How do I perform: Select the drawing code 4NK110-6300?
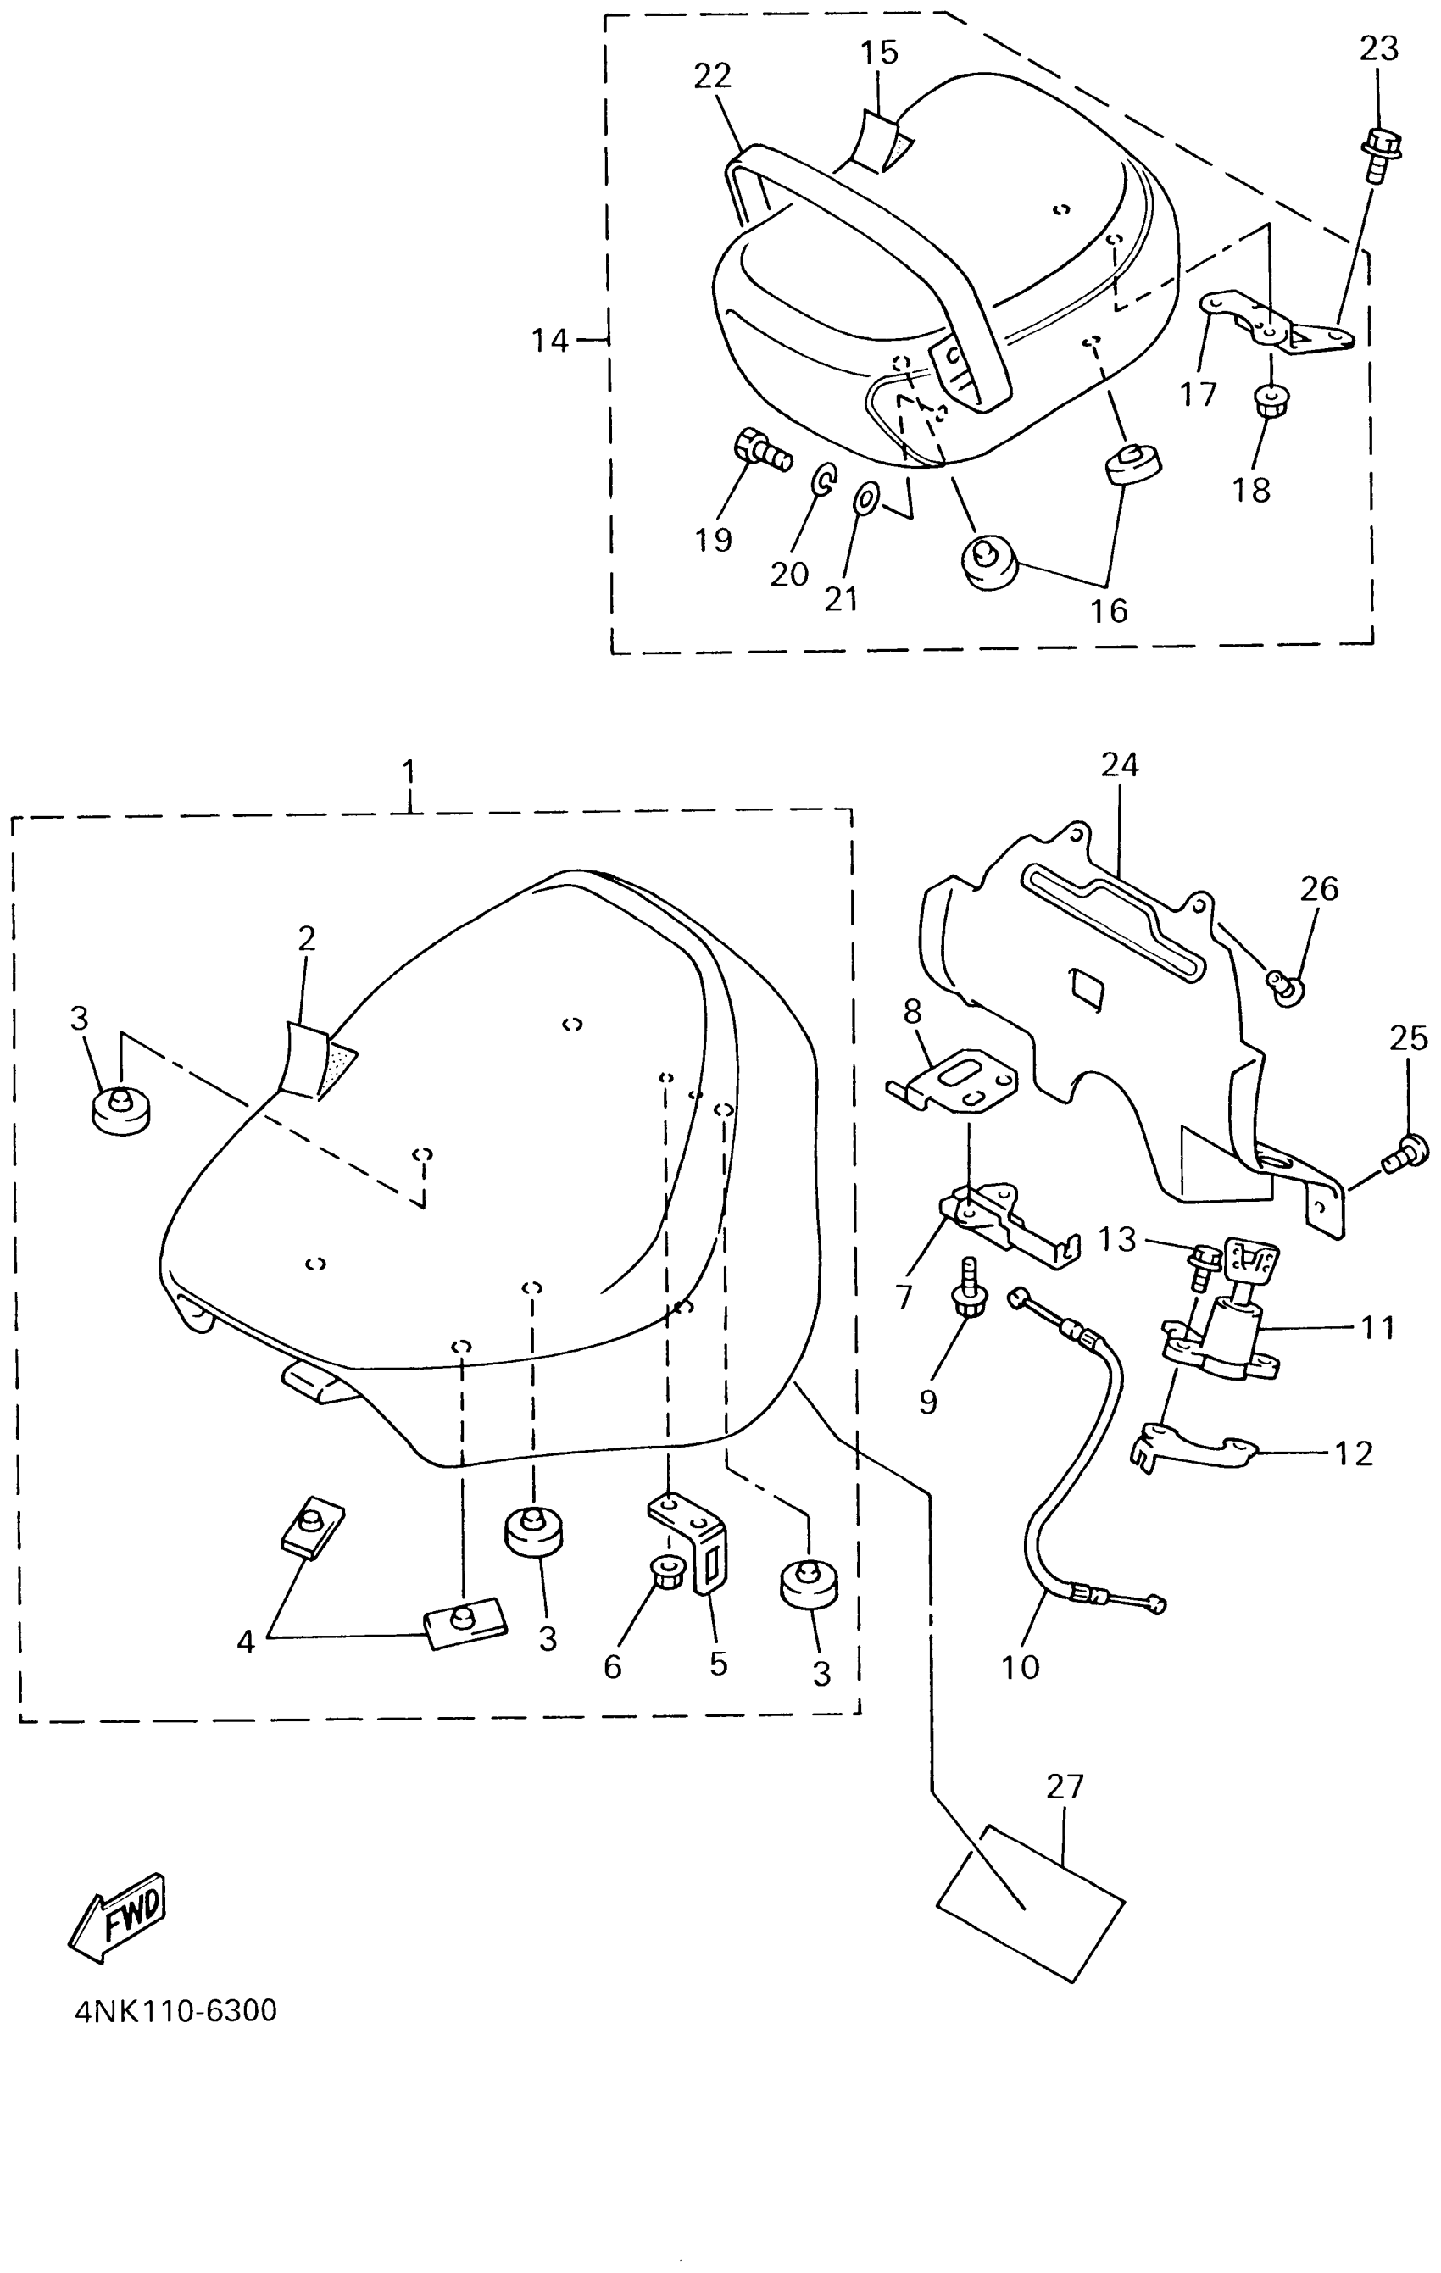tap(175, 2010)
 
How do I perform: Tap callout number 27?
tap(1065, 1787)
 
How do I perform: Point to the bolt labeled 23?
tap(1380, 157)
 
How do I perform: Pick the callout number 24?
tap(1120, 764)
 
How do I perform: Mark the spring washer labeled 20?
tap(822, 480)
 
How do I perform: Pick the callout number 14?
tap(549, 340)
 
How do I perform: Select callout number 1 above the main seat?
tap(409, 773)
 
